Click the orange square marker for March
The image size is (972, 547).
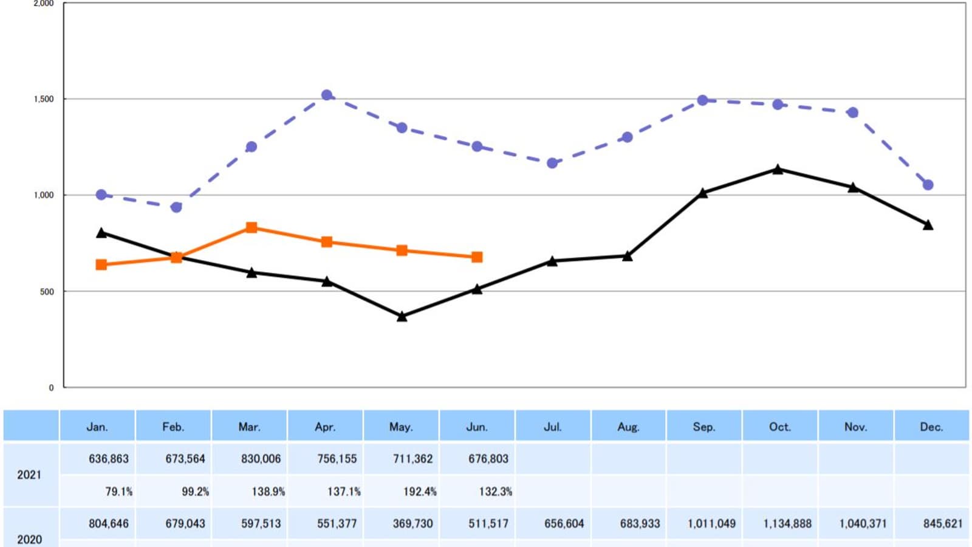pyautogui.click(x=252, y=228)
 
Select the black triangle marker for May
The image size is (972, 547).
pyautogui.click(x=402, y=316)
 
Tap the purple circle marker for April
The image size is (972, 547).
pyautogui.click(x=327, y=95)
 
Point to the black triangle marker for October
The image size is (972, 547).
pyautogui.click(x=778, y=169)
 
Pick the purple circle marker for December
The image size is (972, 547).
pyautogui.click(x=928, y=185)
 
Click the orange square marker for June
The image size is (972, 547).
pyautogui.click(x=477, y=257)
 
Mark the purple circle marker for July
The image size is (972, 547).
pyautogui.click(x=552, y=163)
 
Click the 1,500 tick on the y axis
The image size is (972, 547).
pyautogui.click(x=44, y=99)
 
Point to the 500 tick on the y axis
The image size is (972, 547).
pyautogui.click(x=47, y=292)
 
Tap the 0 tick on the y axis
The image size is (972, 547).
pyautogui.click(x=51, y=387)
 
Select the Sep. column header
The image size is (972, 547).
pyautogui.click(x=704, y=427)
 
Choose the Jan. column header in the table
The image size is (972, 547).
pyautogui.click(x=97, y=427)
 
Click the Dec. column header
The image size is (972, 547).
pyautogui.click(x=931, y=427)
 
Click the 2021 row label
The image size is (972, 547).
pyautogui.click(x=29, y=475)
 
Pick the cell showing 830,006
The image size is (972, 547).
pyautogui.click(x=261, y=459)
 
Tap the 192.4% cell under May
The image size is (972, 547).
pyautogui.click(x=420, y=491)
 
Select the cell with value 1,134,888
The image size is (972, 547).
pyautogui.click(x=787, y=523)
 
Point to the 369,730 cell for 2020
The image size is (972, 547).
pyautogui.click(x=412, y=523)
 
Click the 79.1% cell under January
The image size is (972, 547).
pyautogui.click(x=118, y=491)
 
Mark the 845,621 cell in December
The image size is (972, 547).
pyautogui.click(x=943, y=523)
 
